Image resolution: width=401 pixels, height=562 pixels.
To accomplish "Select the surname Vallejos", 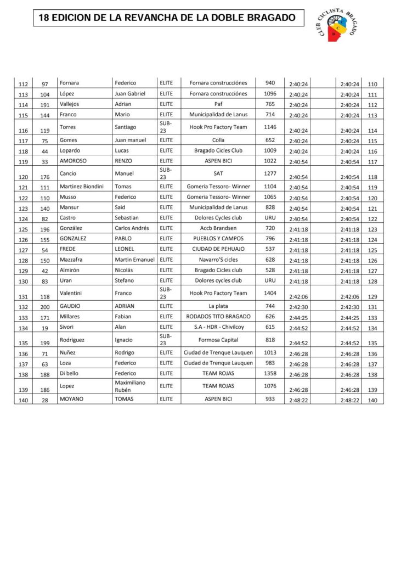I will pos(69,104).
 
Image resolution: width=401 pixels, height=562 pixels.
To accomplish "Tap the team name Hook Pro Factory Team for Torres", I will pos(218,127).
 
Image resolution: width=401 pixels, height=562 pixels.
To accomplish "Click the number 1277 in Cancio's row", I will pos(270,173).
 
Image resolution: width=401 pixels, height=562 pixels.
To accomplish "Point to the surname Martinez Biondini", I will pos(81,187).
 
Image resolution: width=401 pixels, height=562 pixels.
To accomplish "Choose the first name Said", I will pos(121,207).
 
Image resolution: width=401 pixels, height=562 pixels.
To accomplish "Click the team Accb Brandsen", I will pos(218,228).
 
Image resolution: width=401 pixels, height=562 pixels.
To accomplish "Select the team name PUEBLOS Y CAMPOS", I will pos(218,239).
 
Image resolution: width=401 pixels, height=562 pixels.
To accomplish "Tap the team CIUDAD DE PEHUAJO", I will pos(218,249).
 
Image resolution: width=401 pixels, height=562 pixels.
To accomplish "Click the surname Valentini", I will pos(72,293).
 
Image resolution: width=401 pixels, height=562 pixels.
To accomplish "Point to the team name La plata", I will pos(218,306).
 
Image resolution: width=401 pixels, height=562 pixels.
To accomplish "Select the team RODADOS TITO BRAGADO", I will pos(218,317).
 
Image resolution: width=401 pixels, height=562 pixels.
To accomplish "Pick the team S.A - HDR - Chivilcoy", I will pos(218,327).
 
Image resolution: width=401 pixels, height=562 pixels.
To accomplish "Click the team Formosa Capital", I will pos(218,340).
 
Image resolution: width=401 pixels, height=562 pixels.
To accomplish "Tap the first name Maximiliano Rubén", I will pos(131,386).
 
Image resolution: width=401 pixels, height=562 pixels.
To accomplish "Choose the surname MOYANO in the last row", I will pos(71,399).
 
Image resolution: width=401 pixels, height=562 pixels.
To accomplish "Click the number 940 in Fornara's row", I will pos(270,83).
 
